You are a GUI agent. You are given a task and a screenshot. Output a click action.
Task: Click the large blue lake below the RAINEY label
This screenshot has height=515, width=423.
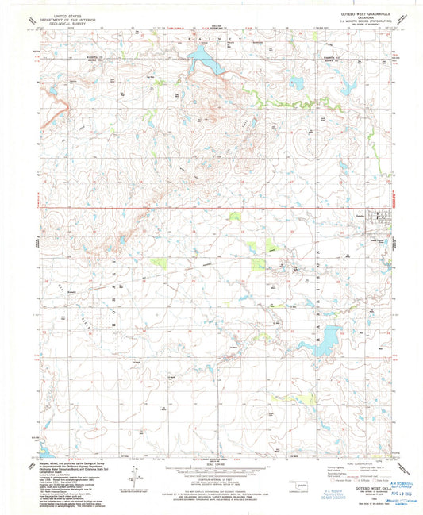(x=203, y=58)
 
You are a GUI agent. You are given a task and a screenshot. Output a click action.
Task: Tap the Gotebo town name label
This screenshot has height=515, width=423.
(x=360, y=217)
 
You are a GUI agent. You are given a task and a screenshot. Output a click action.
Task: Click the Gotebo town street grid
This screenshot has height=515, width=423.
(x=380, y=217)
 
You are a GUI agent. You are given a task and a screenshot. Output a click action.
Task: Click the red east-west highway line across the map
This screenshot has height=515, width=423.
(x=198, y=209)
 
